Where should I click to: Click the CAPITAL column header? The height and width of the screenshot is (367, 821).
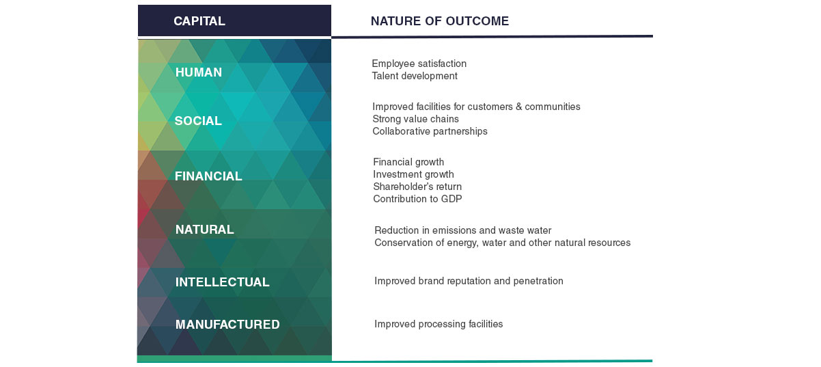click(x=199, y=21)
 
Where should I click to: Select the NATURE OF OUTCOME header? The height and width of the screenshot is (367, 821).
click(x=440, y=21)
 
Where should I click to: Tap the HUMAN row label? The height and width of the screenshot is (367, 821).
click(x=199, y=72)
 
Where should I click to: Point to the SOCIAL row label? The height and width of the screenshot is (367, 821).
click(x=198, y=120)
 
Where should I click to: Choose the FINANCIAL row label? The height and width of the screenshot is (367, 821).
click(x=208, y=176)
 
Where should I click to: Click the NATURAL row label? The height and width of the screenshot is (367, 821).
click(x=204, y=230)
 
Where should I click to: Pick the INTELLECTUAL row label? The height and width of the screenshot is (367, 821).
click(x=223, y=282)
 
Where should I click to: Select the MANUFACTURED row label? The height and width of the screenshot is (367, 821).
click(x=227, y=325)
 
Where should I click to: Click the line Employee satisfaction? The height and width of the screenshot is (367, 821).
click(x=419, y=64)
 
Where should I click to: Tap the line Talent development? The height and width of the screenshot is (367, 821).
click(x=415, y=76)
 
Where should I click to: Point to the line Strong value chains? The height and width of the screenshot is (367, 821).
click(x=416, y=119)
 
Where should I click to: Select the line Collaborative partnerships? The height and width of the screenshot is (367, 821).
click(x=430, y=131)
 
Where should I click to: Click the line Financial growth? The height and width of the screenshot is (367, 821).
click(x=408, y=162)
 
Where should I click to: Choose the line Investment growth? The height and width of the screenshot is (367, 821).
click(x=413, y=174)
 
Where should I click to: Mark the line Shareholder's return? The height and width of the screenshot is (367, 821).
click(x=417, y=187)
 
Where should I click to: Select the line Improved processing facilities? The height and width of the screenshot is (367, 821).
click(x=439, y=324)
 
